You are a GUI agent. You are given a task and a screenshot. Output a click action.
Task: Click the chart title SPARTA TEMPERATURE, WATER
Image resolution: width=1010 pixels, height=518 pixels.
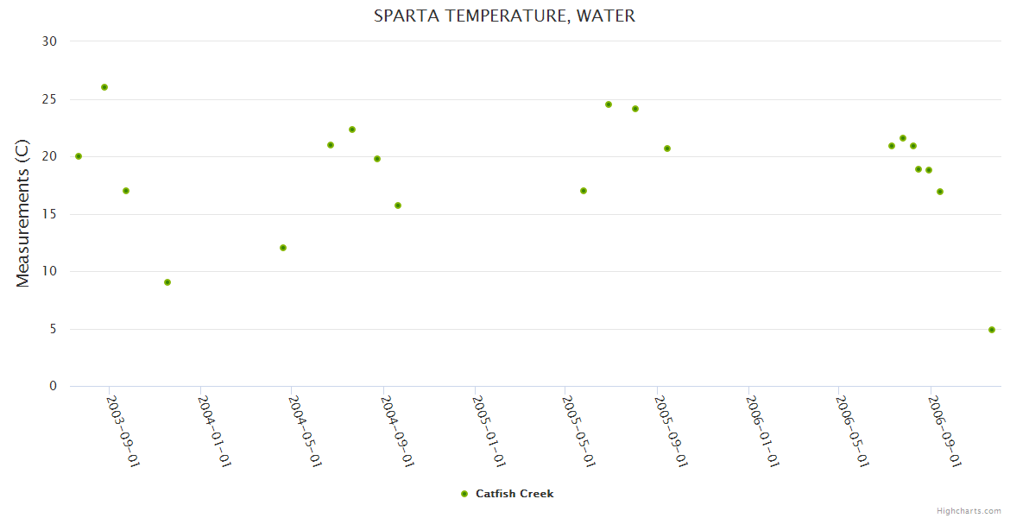pos(504,16)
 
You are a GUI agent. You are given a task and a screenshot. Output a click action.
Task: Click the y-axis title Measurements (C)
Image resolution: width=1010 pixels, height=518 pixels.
pos(23,213)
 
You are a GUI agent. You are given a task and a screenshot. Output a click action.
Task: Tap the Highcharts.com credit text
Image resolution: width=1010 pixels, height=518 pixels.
pos(969,510)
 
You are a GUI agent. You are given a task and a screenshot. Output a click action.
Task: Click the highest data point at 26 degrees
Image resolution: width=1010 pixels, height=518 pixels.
pos(104,87)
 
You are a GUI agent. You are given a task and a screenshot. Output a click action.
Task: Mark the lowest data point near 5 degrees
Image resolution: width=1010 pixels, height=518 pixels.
pos(992,330)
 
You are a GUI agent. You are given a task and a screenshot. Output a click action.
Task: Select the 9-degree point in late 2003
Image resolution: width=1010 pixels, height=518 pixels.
pos(167,282)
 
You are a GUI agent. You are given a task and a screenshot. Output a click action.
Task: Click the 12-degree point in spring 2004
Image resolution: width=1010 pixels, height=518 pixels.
pos(283,248)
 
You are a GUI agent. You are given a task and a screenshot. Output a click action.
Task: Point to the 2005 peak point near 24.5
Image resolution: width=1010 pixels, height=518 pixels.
pos(609,104)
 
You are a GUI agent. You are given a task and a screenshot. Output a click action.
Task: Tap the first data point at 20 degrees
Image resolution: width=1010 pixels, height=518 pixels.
pos(79,156)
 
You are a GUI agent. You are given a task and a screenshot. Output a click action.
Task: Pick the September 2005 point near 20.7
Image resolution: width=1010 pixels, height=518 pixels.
pos(667,148)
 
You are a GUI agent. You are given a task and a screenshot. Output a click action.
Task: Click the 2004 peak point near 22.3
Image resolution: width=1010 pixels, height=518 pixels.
pos(352,129)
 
